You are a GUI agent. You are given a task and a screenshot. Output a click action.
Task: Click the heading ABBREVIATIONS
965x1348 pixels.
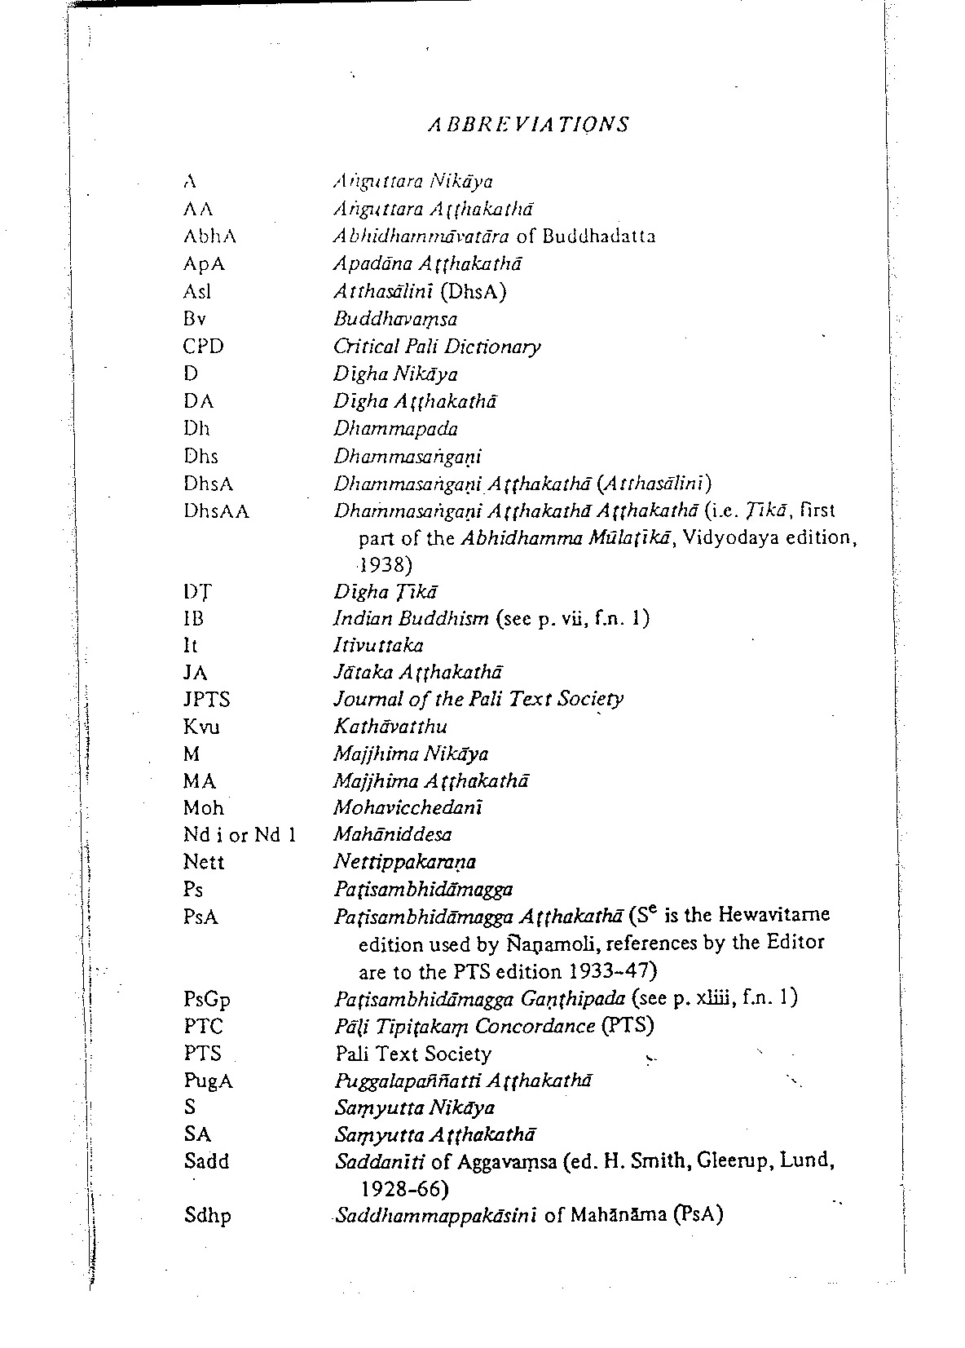528,124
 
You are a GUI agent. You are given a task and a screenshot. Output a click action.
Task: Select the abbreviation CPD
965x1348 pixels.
203,347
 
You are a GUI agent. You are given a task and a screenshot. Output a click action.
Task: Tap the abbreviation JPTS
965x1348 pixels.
207,700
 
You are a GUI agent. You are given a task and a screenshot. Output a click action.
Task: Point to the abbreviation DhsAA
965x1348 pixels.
216,511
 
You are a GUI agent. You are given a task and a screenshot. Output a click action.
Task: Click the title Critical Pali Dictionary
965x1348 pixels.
437,347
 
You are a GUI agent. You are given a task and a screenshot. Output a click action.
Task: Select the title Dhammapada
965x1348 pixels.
395,429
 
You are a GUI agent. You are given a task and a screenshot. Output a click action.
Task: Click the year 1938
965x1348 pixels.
385,564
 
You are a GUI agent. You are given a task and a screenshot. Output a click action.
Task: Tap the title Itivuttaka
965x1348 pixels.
378,646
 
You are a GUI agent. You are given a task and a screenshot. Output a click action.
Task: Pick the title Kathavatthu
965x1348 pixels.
390,727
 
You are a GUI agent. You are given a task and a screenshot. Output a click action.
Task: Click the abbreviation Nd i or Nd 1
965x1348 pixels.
239,835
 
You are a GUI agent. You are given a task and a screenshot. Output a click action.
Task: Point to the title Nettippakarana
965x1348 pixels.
405,862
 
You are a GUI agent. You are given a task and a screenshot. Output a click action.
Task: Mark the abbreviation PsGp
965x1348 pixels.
207,999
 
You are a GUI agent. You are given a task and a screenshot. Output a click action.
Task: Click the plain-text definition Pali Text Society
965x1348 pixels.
413,1054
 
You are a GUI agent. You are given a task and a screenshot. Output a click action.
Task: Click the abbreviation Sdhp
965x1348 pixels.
207,1216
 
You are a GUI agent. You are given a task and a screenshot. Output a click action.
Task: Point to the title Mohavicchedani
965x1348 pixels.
408,808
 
